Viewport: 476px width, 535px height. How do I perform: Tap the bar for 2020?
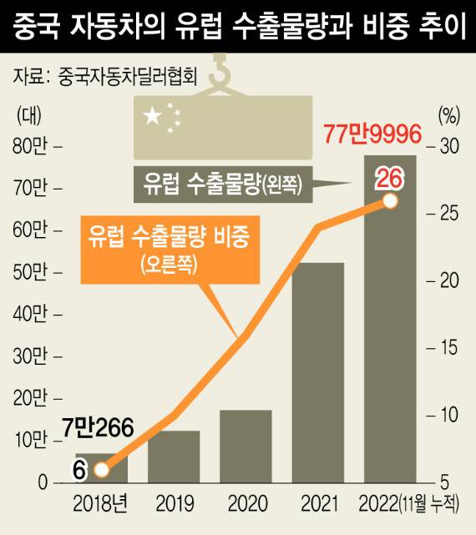click(246, 447)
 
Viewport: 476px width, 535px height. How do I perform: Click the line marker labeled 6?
click(101, 470)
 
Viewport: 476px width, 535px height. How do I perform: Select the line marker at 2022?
click(389, 201)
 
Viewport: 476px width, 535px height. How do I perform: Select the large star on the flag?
click(153, 117)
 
